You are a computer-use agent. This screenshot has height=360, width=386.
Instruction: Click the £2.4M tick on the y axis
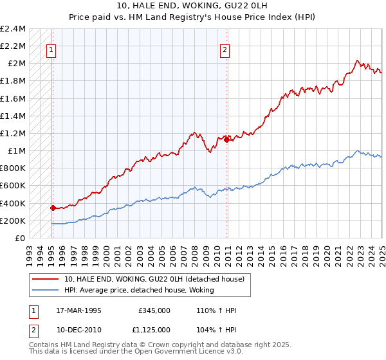tap(13, 29)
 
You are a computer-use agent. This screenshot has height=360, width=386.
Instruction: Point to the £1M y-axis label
tap(15, 151)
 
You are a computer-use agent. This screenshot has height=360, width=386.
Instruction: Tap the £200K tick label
tap(13, 221)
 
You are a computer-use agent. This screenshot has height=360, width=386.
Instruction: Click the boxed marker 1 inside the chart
tap(51, 51)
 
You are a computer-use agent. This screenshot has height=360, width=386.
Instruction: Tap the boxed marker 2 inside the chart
tap(225, 51)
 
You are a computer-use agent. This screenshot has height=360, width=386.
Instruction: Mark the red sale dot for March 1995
tap(53, 208)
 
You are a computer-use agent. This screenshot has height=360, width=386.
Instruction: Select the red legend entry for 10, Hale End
tap(154, 279)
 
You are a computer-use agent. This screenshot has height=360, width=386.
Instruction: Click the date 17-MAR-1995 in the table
tap(79, 310)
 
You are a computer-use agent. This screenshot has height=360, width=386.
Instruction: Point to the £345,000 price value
tap(154, 310)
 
